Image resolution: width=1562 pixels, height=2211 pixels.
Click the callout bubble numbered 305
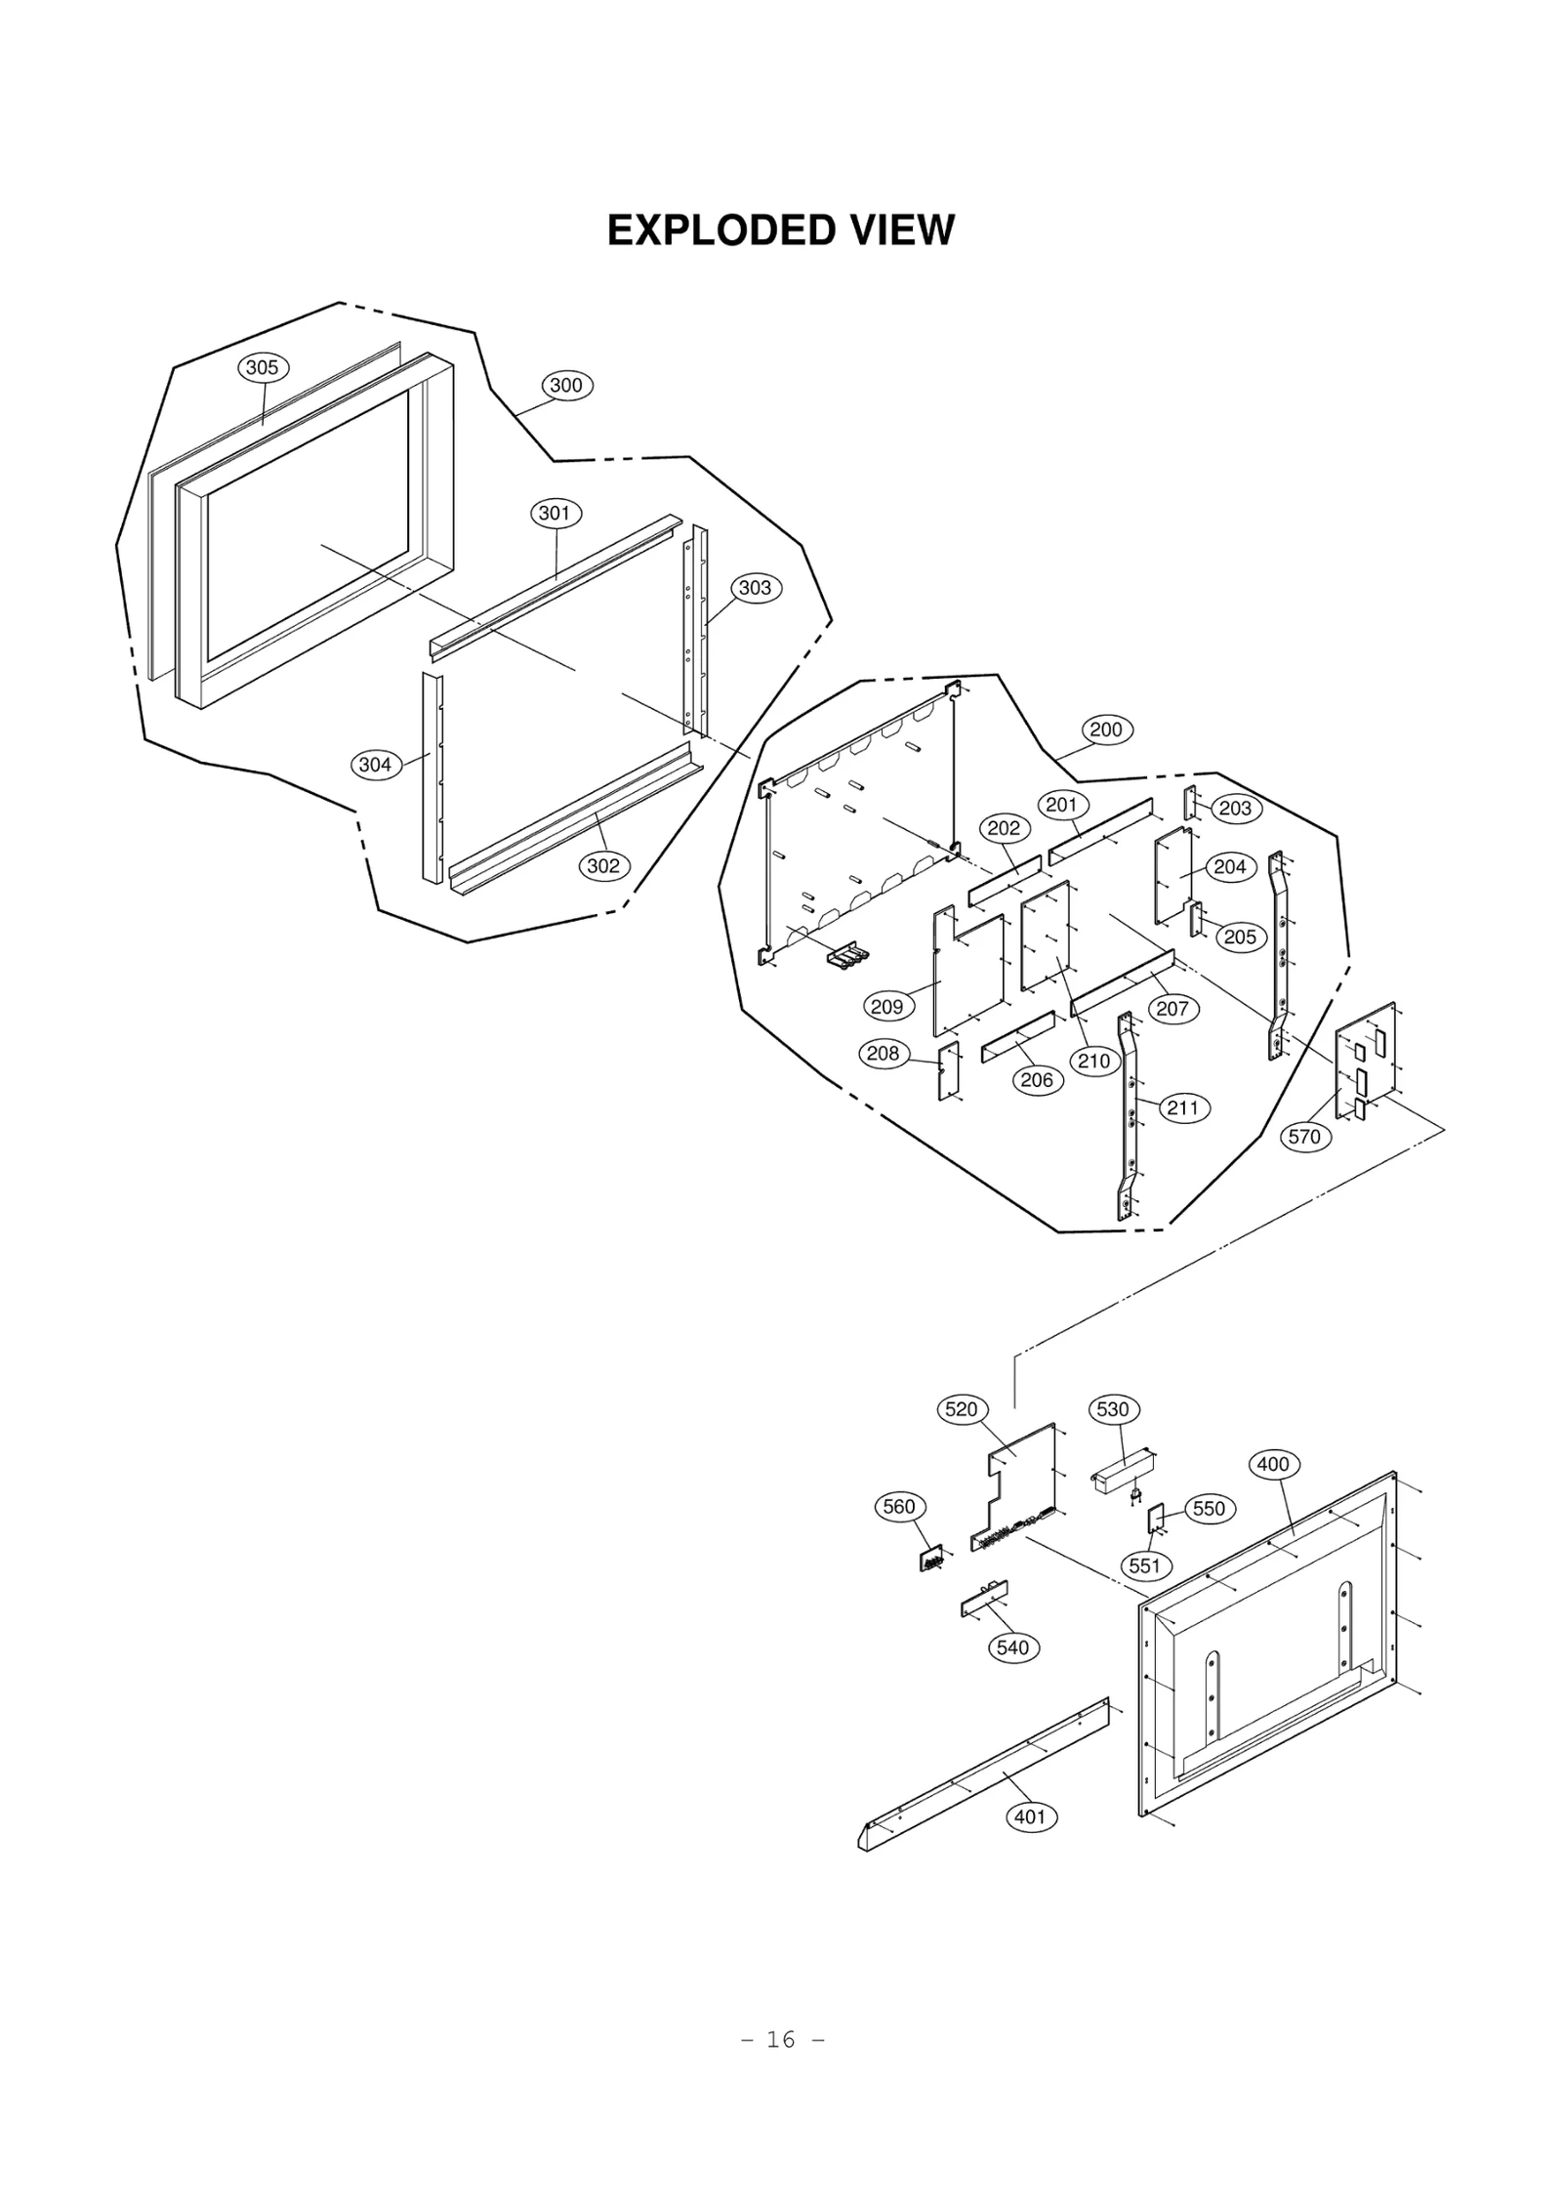261,368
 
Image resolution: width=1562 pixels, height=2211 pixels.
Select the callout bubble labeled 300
566,386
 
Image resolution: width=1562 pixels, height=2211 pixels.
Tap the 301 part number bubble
555,514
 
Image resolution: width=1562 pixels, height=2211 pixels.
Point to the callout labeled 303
756,588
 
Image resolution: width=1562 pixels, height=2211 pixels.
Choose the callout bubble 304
376,765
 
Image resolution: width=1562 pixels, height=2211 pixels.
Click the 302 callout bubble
603,866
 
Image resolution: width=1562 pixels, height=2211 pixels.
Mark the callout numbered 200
1106,730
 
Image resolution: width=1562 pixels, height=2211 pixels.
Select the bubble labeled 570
1304,1137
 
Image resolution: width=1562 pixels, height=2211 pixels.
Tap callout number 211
1183,1108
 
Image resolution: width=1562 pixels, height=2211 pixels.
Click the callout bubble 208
884,1054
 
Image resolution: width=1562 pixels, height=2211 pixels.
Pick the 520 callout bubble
962,1409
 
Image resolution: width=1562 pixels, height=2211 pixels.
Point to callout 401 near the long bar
1030,1817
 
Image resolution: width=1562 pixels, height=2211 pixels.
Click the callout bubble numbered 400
1273,1464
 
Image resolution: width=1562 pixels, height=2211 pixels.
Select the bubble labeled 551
1145,1566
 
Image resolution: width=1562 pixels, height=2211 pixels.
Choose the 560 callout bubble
899,1507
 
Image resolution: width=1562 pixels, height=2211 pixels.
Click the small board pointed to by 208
948,1071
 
